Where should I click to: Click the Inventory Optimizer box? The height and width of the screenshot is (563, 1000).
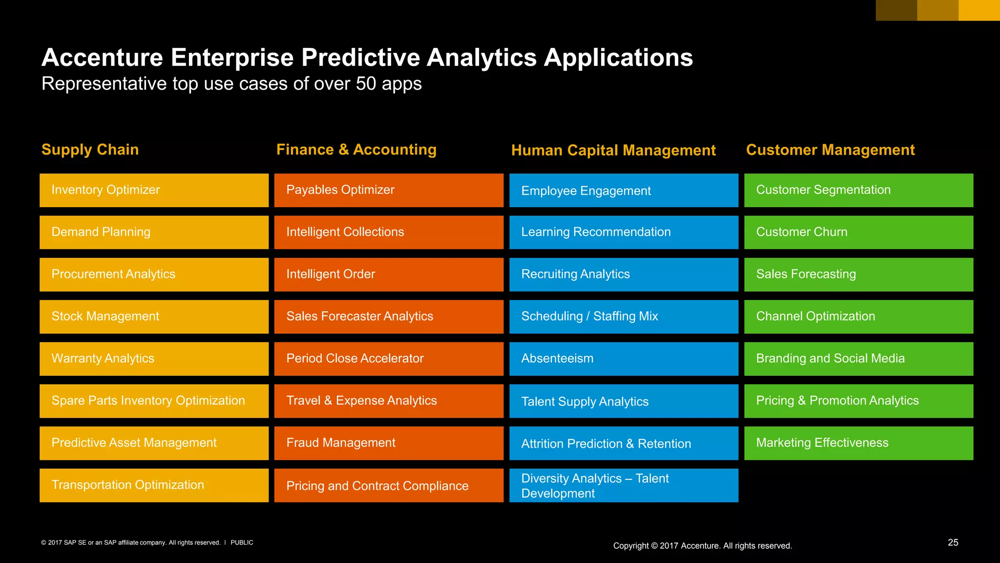tap(154, 190)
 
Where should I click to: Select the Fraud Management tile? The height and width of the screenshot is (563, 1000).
tap(389, 443)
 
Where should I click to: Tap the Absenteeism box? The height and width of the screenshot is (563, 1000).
tap(624, 359)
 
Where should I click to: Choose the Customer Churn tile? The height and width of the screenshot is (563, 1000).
tap(858, 232)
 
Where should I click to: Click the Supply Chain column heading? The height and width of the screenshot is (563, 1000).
tap(90, 150)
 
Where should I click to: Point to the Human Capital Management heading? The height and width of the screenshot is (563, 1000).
tap(613, 151)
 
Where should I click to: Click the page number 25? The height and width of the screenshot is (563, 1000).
tap(953, 542)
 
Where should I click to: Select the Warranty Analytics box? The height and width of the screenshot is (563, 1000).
tap(154, 359)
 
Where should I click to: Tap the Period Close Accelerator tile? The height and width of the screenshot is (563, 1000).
tap(389, 359)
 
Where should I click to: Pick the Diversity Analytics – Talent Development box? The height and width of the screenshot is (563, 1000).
tap(624, 485)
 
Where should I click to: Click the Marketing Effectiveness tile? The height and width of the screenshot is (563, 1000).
tap(858, 443)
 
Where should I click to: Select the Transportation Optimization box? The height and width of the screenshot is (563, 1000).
tap(154, 485)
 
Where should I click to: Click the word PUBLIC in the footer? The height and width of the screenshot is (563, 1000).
tap(242, 542)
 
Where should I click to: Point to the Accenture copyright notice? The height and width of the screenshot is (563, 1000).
tap(702, 546)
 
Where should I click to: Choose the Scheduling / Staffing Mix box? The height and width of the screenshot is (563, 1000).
tap(624, 317)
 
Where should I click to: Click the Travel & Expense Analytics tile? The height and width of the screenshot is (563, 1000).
tap(389, 401)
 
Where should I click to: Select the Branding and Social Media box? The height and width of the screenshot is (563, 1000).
tap(858, 359)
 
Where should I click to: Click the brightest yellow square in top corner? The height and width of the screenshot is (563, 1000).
tap(979, 10)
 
